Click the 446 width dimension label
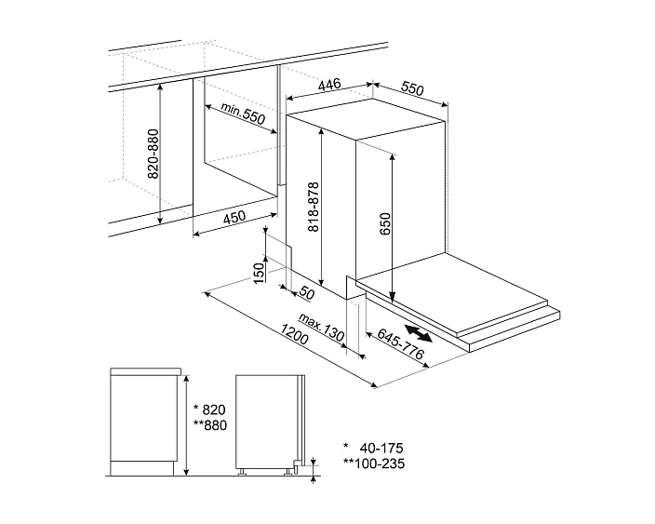[x=329, y=84]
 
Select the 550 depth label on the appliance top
[x=412, y=88]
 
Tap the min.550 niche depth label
[x=243, y=114]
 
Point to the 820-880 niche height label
[x=154, y=154]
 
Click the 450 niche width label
[x=234, y=217]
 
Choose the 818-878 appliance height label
[x=314, y=207]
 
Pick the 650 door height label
[x=385, y=223]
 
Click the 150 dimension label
[x=260, y=273]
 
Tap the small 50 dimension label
[x=307, y=293]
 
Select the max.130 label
[x=322, y=328]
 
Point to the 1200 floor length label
[x=294, y=334]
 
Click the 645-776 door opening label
[x=401, y=343]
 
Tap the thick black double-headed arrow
[x=419, y=334]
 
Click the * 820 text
[x=209, y=410]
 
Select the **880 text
[x=209, y=425]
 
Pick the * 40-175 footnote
[x=373, y=449]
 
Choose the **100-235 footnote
[x=374, y=464]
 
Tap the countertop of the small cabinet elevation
[x=145, y=371]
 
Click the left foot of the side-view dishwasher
[x=242, y=472]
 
